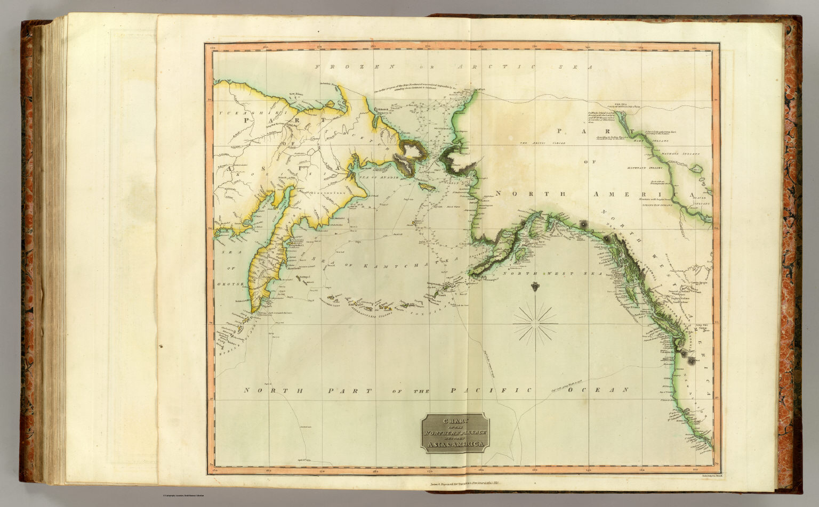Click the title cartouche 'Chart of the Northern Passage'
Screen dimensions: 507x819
[454, 432]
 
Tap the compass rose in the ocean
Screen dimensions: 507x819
[535, 322]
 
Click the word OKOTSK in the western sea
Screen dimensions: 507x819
[230, 285]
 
